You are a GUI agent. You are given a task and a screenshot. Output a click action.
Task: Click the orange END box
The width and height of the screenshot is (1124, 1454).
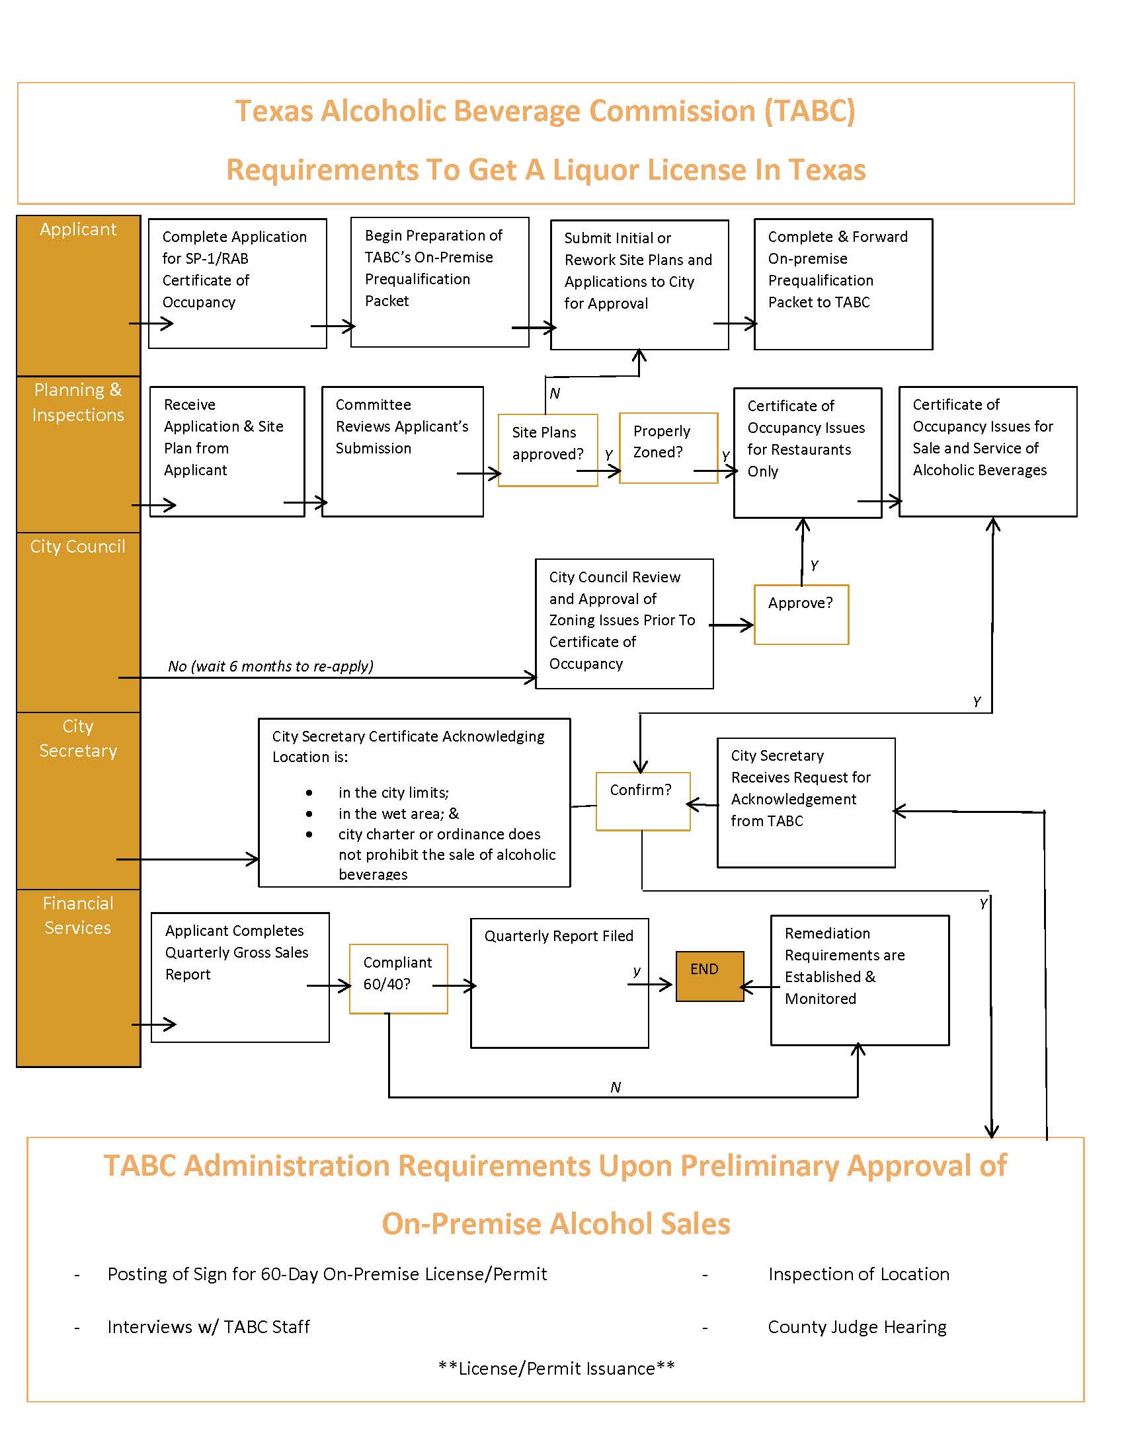pos(709,976)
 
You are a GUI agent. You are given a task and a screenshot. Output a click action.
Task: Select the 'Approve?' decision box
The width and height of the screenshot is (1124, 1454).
pos(801,614)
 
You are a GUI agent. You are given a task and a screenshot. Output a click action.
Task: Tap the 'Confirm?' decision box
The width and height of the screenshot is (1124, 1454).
pos(643,801)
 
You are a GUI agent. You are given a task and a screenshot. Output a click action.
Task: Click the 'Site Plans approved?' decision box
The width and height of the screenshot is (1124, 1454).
pos(547,449)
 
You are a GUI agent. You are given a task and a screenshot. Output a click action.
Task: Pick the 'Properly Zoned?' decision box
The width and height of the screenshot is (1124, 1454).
pos(668,447)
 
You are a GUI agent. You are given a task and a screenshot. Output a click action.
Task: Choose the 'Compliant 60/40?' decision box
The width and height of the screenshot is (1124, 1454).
pos(398,978)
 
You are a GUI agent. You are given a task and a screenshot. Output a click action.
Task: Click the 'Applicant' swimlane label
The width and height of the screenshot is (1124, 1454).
pos(78,229)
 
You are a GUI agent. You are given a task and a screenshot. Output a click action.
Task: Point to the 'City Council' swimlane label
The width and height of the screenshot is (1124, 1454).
pos(77,547)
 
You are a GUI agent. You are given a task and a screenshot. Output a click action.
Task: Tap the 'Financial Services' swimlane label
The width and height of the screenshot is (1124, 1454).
pos(78,915)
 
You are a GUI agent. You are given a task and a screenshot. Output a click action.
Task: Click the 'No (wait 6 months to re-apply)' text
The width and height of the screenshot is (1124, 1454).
pos(270,666)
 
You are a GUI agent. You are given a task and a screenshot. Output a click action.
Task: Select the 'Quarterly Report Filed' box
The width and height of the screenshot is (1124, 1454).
pos(559,983)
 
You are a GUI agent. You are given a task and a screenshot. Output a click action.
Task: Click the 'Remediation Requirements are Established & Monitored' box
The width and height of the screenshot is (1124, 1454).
pos(859,979)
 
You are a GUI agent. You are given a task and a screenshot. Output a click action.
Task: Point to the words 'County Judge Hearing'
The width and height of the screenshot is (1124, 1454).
pos(857,1327)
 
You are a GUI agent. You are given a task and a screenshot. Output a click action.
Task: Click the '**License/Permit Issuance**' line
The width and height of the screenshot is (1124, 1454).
pos(556,1368)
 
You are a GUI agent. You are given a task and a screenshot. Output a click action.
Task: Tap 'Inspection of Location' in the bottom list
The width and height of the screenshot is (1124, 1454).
pos(858,1274)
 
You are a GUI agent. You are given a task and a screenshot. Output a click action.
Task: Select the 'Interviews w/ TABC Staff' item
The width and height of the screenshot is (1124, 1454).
pos(208,1327)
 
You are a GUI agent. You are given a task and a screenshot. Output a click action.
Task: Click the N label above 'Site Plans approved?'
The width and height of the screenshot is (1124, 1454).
pos(555,393)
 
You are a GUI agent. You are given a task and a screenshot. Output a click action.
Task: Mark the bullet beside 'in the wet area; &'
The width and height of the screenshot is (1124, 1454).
pos(309,814)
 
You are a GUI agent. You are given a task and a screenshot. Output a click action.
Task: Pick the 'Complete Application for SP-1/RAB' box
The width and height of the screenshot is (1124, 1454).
pos(237,283)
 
